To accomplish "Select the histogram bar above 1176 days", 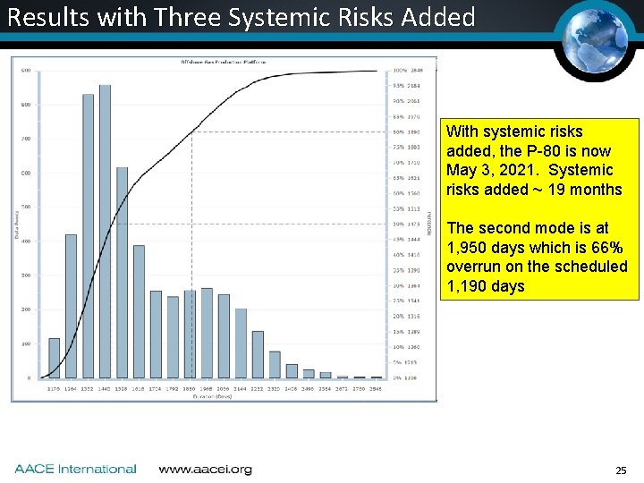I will (54, 358).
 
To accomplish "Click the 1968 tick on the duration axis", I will (207, 389).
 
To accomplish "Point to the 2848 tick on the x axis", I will (377, 389).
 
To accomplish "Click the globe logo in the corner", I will (596, 37).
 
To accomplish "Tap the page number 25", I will (621, 470).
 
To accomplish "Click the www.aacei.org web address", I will (205, 469).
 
